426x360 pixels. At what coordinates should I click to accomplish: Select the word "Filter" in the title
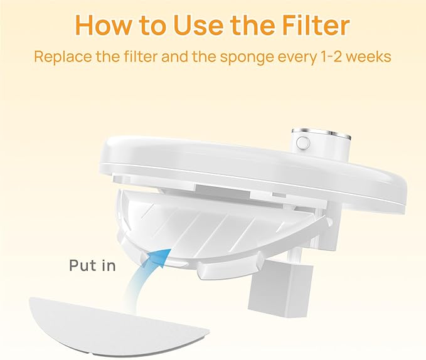[316, 25]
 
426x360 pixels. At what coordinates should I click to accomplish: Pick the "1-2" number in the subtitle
[331, 56]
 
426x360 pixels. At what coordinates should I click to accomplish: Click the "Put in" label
[92, 265]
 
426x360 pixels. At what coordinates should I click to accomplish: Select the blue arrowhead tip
[171, 249]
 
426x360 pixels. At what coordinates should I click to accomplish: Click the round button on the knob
[301, 142]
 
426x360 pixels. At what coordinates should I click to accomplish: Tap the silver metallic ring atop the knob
[321, 133]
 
